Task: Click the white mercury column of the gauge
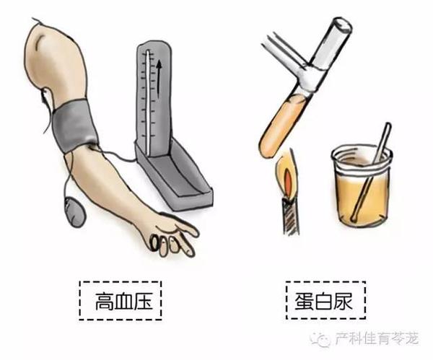tap(148, 102)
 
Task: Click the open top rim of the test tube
tap(342, 25)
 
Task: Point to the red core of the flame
tap(288, 183)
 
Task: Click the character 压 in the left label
tap(142, 302)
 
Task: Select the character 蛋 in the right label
tap(304, 301)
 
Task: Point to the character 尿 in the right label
tap(343, 301)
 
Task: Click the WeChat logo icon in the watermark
tap(321, 339)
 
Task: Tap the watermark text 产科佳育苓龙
tap(377, 339)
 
